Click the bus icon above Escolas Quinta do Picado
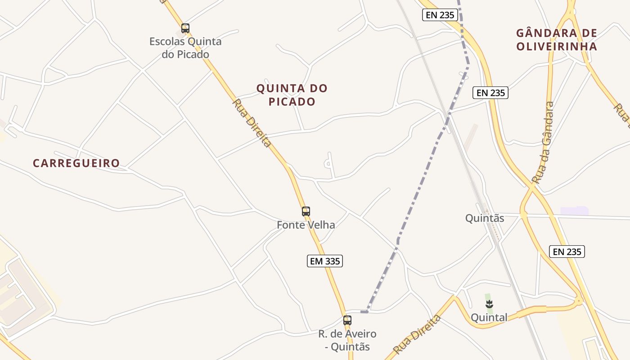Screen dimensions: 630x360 [x=185, y=28]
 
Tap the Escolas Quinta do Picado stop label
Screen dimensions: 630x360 [x=185, y=48]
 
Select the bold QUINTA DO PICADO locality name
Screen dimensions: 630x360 [x=292, y=95]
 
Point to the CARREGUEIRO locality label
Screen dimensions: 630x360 [x=76, y=163]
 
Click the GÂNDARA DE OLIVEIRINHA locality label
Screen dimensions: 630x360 [x=557, y=40]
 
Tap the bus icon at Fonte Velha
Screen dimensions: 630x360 [x=306, y=211]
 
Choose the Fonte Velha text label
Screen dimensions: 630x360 [x=306, y=225]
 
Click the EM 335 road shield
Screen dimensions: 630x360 [x=325, y=261]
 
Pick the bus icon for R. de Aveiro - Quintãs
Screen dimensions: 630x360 [x=347, y=320]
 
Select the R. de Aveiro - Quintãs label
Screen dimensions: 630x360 [x=347, y=340]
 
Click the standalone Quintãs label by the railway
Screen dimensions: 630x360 [x=484, y=218]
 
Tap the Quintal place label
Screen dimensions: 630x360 [x=489, y=317]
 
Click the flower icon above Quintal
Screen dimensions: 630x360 [x=489, y=304]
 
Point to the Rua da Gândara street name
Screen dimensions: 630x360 [x=543, y=143]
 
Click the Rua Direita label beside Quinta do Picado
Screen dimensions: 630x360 [x=252, y=123]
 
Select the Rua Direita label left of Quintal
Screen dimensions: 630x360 [x=417, y=335]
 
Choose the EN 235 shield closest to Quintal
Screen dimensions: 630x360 [x=567, y=252]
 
